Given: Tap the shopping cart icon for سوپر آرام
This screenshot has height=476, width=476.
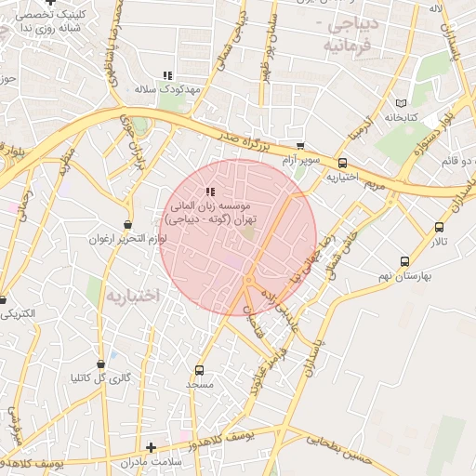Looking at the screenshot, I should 299,146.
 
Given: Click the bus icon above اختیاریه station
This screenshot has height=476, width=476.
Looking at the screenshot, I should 342,163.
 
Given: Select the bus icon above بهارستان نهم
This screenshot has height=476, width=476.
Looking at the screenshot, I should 403,261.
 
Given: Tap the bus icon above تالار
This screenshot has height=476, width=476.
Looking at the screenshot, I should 439,227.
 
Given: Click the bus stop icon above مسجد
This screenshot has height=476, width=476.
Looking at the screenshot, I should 200,370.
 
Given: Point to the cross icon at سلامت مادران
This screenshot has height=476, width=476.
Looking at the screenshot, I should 152,447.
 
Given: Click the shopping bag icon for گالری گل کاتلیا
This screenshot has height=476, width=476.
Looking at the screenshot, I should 100,364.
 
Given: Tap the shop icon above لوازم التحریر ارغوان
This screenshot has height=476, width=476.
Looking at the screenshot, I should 127,225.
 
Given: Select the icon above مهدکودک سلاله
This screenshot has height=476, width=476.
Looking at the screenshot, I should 167,75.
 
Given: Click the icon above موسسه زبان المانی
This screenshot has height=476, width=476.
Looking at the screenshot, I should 208,191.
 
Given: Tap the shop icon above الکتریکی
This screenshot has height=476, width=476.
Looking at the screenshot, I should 3,300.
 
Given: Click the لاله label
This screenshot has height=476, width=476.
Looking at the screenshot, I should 434,8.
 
